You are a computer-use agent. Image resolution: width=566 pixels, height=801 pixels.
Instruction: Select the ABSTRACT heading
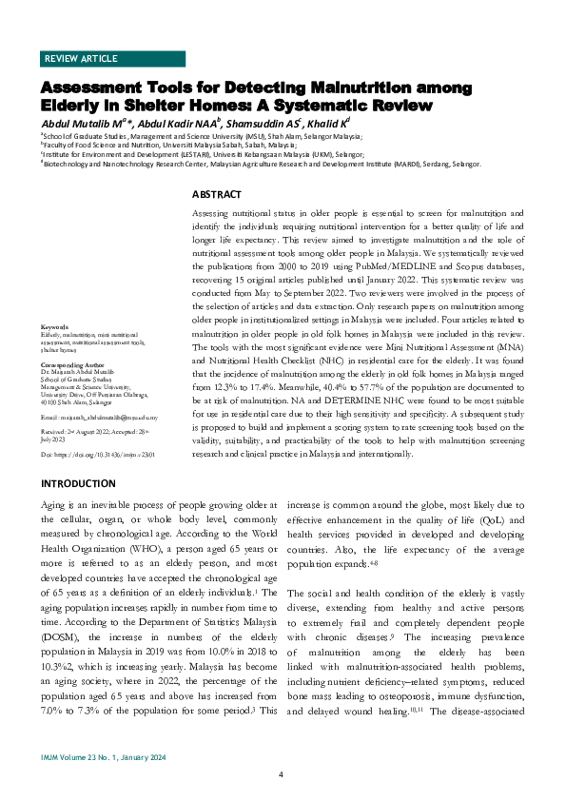pos(216,194)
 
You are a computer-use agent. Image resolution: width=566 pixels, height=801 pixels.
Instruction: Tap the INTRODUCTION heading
pos(78,484)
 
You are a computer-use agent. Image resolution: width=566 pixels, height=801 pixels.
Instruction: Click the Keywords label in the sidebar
pos(55,328)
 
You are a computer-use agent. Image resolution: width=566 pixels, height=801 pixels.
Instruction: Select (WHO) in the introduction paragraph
pos(130,564)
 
